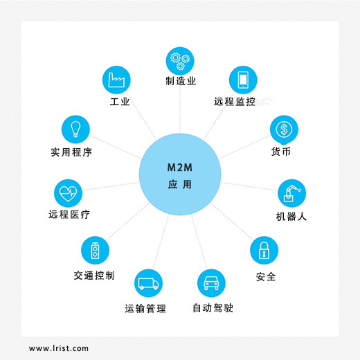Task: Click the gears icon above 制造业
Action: coord(180,61)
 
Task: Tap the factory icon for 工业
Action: coord(116,80)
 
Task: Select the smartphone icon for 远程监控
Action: coord(243,80)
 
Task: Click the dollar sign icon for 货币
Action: coord(284,129)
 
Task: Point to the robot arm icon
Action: coord(291,193)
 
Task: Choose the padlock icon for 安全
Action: coord(264,250)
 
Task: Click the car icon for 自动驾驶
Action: coord(211,283)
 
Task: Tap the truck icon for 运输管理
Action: coord(148,283)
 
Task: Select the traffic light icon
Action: coord(95,250)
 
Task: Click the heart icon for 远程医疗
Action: coord(68,193)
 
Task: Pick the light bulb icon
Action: coord(75,129)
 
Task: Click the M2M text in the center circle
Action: coord(180,168)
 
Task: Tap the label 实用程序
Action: coord(71,152)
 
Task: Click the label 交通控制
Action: coord(94,276)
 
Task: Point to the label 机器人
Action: coord(291,217)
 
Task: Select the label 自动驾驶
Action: coord(213,308)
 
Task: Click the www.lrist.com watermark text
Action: coord(59,348)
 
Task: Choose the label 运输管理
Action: coord(145,309)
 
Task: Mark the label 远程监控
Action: coord(235,102)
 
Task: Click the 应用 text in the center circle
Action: coord(180,185)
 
